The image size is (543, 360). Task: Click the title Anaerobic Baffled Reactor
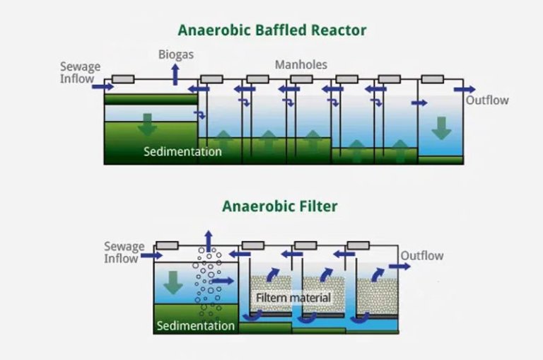(272, 30)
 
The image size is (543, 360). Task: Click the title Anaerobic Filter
(279, 207)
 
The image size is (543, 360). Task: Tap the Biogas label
(176, 54)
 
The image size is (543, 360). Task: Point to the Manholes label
(300, 64)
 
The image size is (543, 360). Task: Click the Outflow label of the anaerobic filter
(422, 255)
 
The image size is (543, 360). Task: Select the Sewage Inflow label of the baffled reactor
(80, 73)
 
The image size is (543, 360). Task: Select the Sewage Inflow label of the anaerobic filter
(124, 252)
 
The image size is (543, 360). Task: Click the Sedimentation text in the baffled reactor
(182, 151)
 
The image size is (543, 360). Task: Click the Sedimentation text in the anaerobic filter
(195, 326)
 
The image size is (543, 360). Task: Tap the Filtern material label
(293, 298)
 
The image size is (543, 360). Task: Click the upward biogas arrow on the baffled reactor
(176, 73)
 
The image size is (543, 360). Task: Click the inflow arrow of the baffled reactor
(103, 86)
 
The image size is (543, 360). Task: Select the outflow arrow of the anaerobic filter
(399, 267)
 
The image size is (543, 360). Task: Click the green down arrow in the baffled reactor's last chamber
(441, 127)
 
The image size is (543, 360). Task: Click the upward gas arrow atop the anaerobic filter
(207, 240)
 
